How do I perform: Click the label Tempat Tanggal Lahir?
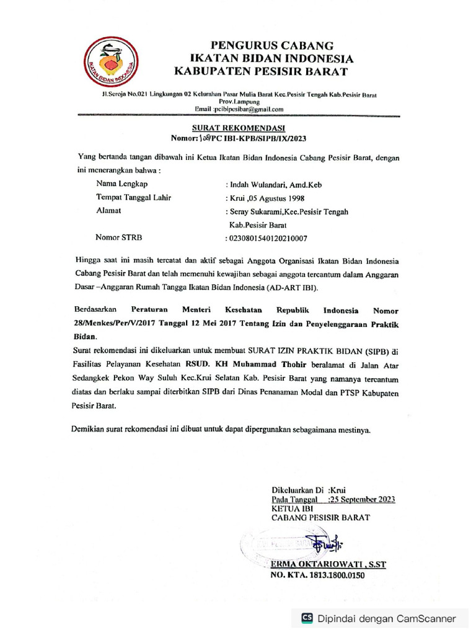133,198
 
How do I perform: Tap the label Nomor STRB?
118,237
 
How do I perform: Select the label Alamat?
108,211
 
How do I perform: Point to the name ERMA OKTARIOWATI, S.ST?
328,564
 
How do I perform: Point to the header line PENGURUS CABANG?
272,45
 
